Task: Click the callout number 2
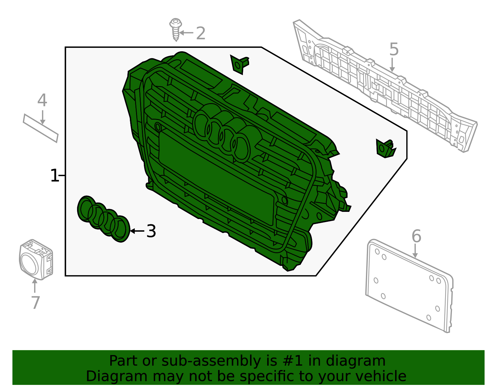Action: click(201, 33)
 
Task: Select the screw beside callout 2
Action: click(176, 30)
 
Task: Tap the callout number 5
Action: click(394, 49)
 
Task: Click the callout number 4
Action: click(42, 100)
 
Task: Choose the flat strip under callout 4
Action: click(41, 128)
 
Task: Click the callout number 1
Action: click(54, 176)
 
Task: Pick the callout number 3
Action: click(151, 231)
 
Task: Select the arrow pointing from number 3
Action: click(137, 231)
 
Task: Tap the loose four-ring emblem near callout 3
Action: click(103, 219)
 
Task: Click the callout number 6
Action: click(416, 236)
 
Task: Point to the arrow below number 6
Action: click(415, 251)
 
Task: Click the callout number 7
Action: click(35, 303)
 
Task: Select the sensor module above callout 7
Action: click(36, 259)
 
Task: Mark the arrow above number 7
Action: click(34, 285)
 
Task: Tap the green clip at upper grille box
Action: click(239, 64)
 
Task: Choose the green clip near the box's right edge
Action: click(385, 148)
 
